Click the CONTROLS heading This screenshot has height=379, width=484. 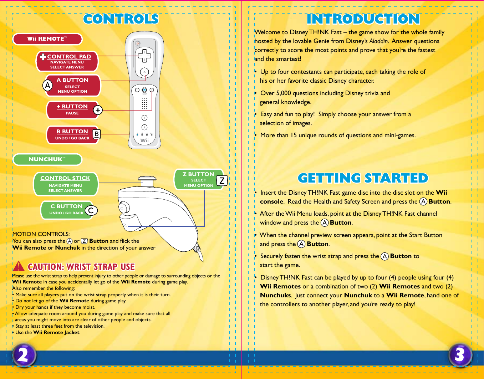(x=121, y=19)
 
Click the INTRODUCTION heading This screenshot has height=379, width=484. (x=363, y=19)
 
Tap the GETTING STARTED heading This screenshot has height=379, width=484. (x=363, y=178)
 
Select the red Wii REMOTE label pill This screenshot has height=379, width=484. (x=47, y=39)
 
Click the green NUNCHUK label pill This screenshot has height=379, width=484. (x=47, y=159)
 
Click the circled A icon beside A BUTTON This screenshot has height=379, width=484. (x=47, y=85)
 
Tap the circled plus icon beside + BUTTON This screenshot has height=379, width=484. (x=98, y=110)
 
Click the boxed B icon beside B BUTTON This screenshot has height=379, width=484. (x=97, y=134)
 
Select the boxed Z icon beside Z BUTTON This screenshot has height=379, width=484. (x=222, y=181)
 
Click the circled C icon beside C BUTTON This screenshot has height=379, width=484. (x=91, y=210)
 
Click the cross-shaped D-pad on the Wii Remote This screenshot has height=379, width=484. (x=144, y=56)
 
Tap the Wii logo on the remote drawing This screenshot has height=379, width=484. (x=144, y=140)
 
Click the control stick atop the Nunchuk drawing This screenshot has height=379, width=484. (x=147, y=179)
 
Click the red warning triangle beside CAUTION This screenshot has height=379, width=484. (x=19, y=266)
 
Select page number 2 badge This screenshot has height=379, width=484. (x=24, y=355)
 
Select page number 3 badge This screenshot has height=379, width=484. (x=460, y=355)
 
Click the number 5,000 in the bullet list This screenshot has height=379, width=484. (x=283, y=93)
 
